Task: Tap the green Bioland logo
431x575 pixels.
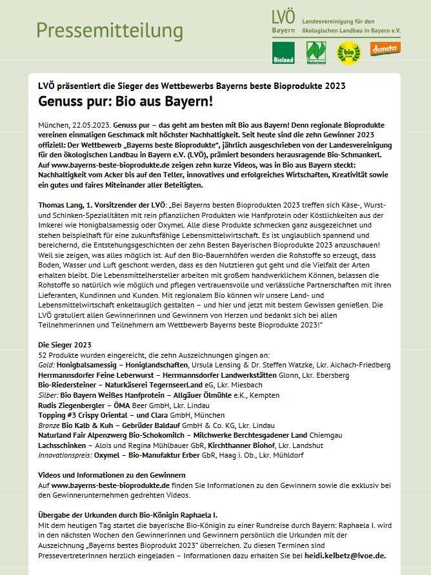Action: [x=283, y=52]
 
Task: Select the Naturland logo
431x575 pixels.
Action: [x=316, y=52]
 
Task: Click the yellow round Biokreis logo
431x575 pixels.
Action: [x=348, y=52]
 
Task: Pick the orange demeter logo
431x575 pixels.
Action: [x=385, y=48]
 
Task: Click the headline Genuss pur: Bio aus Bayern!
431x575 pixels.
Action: [x=125, y=102]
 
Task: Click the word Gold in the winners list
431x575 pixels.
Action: [x=46, y=365]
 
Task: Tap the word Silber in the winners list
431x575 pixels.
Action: [x=48, y=394]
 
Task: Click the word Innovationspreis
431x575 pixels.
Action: [x=65, y=455]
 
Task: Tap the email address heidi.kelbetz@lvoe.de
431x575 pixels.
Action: [x=345, y=556]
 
